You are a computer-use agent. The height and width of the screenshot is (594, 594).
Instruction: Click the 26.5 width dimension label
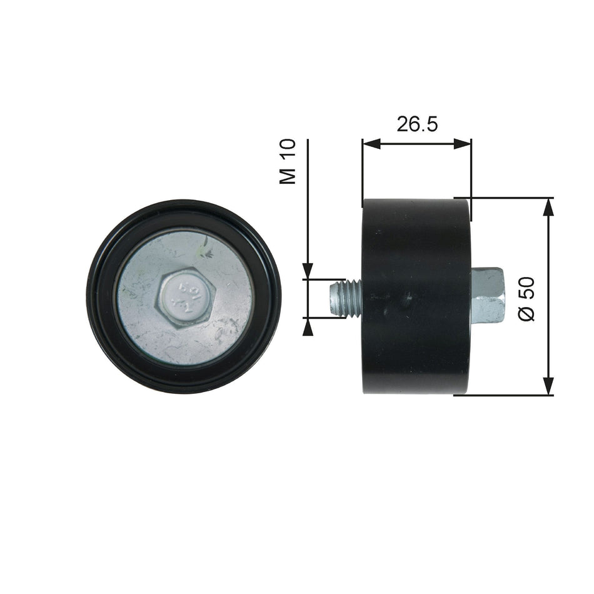417,124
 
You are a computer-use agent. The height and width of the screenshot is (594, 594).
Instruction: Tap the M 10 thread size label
288,161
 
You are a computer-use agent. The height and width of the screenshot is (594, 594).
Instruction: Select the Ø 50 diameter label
527,299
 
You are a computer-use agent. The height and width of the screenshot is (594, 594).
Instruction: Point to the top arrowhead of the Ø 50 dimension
548,207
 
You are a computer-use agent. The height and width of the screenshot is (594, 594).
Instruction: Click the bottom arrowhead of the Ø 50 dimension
548,387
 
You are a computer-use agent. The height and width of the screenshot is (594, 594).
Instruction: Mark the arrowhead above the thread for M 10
308,271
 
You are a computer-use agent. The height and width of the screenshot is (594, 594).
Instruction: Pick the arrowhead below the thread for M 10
308,326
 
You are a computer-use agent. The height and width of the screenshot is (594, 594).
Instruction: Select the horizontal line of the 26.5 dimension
417,144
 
